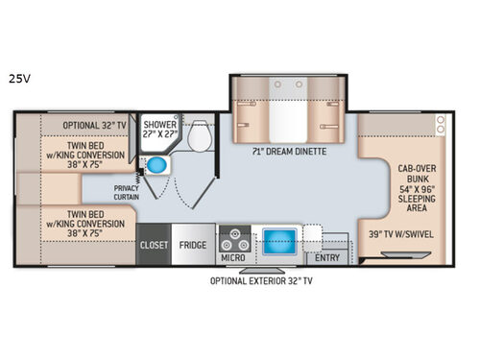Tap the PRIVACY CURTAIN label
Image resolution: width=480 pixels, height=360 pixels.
click(126, 193)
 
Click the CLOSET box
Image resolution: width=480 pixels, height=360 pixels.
click(154, 245)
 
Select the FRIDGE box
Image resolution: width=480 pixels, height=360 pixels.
click(193, 245)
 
